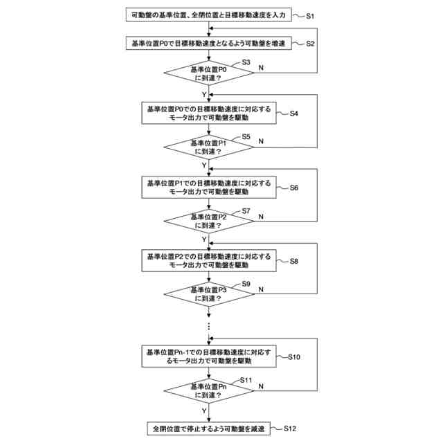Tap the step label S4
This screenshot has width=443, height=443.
pos(293,113)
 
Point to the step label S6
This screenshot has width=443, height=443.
pos(293,187)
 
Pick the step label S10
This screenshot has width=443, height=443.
pos(293,357)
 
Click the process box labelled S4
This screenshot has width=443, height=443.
pos(208,113)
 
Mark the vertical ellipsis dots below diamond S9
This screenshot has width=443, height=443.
pos(208,325)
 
